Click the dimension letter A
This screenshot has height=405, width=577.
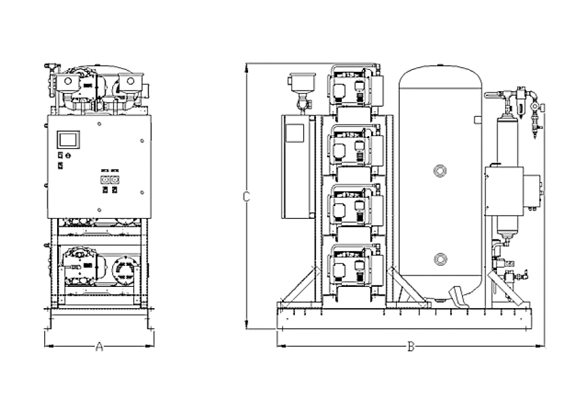(99, 347)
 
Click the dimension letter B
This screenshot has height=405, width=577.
(411, 347)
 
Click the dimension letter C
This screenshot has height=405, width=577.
(246, 197)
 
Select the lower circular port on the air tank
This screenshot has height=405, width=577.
(440, 259)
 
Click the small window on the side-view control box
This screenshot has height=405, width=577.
(294, 133)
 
